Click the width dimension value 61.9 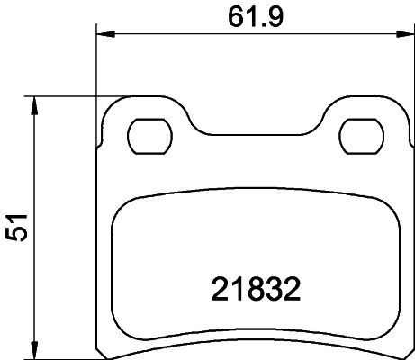(256, 16)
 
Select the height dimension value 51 (16, 228)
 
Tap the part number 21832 (256, 290)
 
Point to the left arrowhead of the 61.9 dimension (105, 34)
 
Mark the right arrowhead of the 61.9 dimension (405, 34)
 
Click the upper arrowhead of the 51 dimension (34, 105)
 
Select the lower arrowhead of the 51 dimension (34, 349)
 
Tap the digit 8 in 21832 (256, 290)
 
